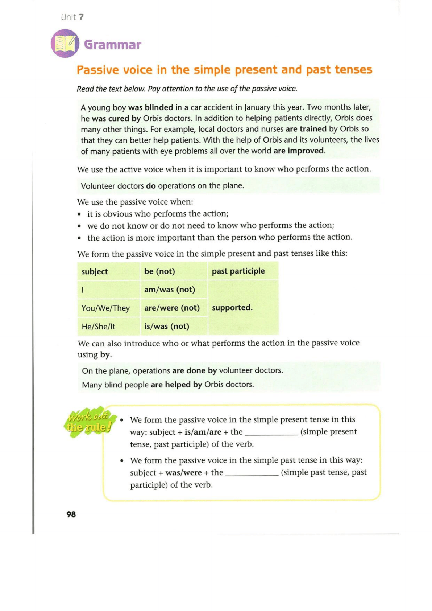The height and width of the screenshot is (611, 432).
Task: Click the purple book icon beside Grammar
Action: (65, 44)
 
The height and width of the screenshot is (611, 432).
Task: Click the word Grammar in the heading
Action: (112, 45)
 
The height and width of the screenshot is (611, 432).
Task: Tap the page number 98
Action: (71, 514)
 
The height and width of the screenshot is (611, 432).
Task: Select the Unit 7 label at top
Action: (72, 17)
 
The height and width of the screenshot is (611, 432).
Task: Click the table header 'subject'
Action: (95, 271)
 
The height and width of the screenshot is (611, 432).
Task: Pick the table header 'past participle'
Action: (238, 271)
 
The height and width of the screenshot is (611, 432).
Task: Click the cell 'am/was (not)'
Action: (170, 290)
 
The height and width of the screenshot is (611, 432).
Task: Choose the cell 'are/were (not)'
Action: (172, 308)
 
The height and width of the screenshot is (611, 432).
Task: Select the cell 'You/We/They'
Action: (105, 308)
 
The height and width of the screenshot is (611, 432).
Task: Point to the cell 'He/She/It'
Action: (98, 327)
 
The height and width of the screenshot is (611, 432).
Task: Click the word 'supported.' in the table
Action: (232, 308)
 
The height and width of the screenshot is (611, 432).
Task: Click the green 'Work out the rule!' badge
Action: (89, 422)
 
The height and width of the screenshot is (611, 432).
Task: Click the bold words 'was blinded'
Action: (150, 107)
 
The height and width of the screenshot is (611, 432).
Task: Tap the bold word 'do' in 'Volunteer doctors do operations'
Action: (151, 186)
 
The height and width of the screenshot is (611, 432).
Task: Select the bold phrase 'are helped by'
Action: (176, 385)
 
